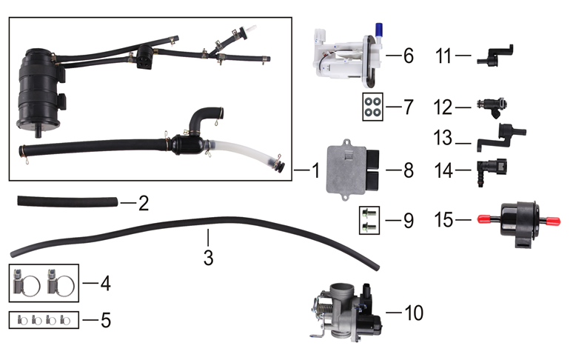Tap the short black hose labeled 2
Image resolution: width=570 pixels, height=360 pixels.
66,200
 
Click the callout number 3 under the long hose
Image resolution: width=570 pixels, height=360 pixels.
209,258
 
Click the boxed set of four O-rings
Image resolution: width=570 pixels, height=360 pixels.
373,106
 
